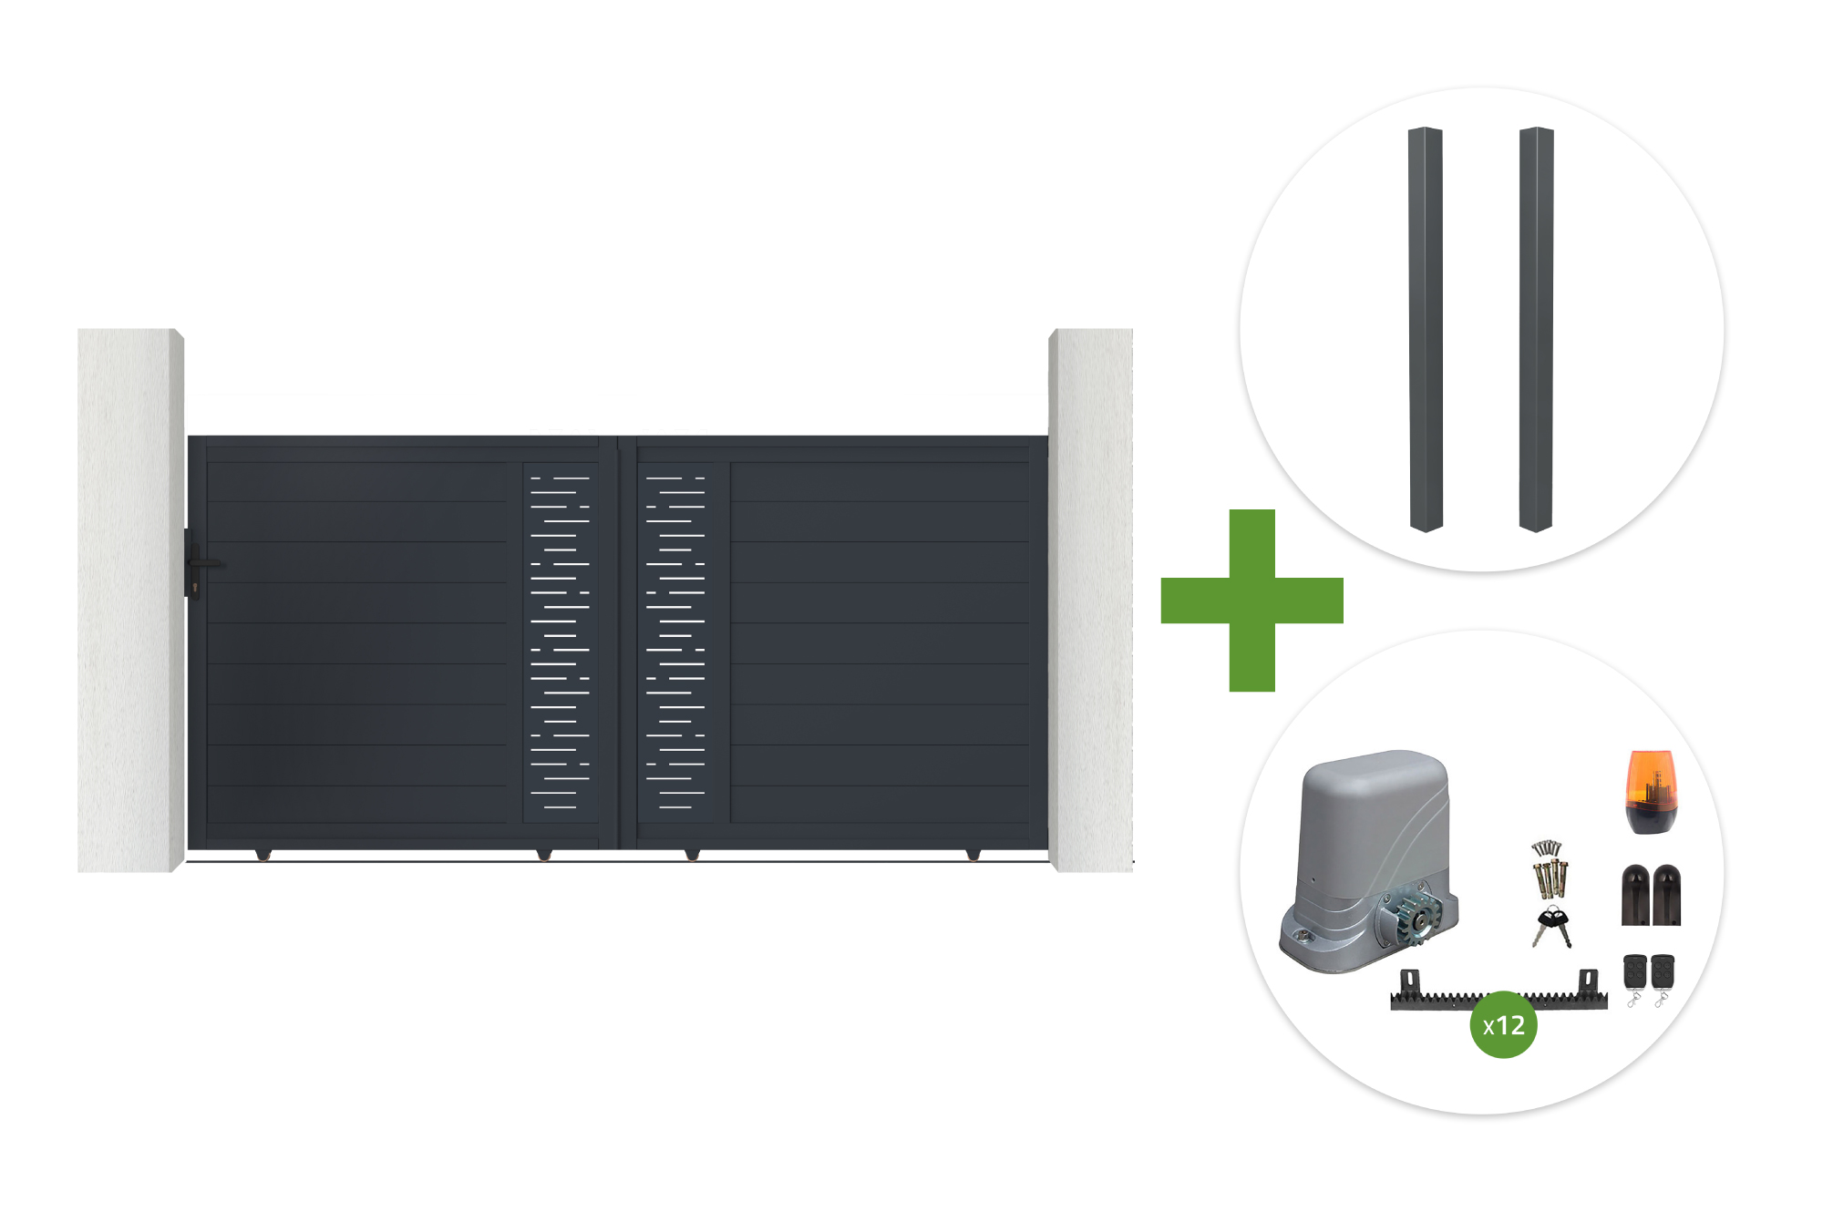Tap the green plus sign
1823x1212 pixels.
point(1251,601)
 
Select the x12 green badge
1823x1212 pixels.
point(1503,1025)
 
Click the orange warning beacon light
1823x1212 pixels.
point(1651,791)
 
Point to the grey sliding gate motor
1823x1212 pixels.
point(1368,860)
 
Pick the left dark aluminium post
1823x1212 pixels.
point(1426,329)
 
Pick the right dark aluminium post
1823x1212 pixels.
point(1536,329)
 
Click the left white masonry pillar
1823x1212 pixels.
point(130,600)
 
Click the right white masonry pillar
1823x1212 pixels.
point(1090,600)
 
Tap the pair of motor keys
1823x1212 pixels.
point(1551,927)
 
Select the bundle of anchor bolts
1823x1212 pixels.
point(1549,869)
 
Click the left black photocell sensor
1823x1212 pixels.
point(1635,895)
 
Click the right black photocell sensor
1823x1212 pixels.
point(1666,895)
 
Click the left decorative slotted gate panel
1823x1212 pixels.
point(560,642)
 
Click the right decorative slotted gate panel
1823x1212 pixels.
point(675,642)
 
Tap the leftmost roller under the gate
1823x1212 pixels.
point(263,855)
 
